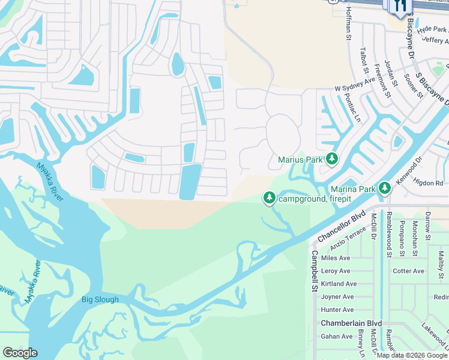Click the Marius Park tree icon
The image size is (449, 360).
coord(331,159)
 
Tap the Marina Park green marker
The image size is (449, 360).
coord(384,188)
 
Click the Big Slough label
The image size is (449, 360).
coord(100,299)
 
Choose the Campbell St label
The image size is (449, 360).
coord(314,271)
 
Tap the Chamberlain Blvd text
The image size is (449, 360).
coord(351,323)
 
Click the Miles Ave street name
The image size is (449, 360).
coord(336,258)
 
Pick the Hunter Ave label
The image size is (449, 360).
coord(337,310)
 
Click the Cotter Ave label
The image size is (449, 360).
coord(408,271)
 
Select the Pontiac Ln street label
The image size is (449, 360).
coord(355,109)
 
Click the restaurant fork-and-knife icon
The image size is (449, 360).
coord(401,6)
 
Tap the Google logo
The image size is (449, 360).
coord(20,353)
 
